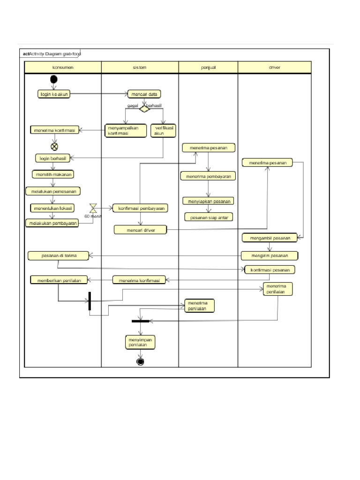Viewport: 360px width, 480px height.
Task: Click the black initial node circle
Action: (x=54, y=79)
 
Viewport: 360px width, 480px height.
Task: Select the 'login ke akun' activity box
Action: (x=54, y=94)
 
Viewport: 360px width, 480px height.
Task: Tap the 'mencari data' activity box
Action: (x=144, y=94)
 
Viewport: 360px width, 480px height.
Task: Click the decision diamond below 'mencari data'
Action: (x=144, y=109)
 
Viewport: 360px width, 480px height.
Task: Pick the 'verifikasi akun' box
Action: (x=163, y=130)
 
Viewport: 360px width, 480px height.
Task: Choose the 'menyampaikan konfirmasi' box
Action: (x=125, y=130)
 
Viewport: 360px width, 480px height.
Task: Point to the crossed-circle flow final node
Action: (x=54, y=146)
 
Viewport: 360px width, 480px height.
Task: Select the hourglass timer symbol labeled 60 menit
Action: (x=93, y=208)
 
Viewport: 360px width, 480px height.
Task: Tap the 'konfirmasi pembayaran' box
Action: (x=140, y=208)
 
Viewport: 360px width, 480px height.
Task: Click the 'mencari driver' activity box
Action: (x=140, y=230)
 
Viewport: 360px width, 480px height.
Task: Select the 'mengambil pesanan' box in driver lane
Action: (x=270, y=238)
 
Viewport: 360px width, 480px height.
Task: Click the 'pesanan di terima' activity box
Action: (x=59, y=255)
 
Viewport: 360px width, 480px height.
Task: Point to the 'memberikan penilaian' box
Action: (x=56, y=280)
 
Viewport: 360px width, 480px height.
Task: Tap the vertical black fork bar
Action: (x=90, y=301)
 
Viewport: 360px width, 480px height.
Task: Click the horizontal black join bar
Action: (x=140, y=321)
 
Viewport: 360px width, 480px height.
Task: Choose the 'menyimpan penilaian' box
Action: (x=140, y=342)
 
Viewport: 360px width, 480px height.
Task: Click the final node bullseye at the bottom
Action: (x=140, y=361)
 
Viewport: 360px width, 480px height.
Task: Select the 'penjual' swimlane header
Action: (x=208, y=67)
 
